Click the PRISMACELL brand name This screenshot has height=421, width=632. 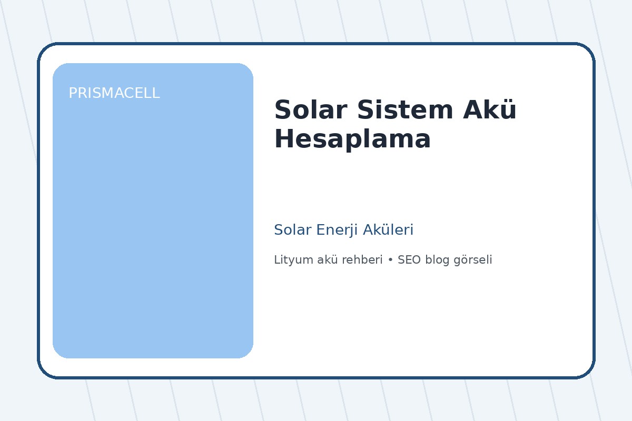(114, 94)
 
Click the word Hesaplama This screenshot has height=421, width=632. (352, 140)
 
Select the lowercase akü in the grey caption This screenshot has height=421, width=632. (324, 260)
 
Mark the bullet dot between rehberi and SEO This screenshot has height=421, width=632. (390, 260)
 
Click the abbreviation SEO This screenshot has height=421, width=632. (409, 260)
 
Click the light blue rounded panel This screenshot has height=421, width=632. (153, 221)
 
